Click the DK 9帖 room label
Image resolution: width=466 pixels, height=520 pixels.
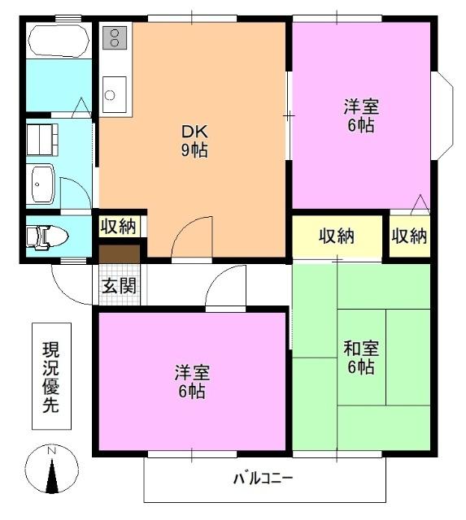pyautogui.click(x=193, y=141)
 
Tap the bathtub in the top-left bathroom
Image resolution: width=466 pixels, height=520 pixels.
pyautogui.click(x=58, y=41)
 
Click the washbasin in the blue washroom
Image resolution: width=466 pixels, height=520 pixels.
pyautogui.click(x=41, y=185)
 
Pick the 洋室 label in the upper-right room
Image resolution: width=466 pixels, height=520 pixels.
pyautogui.click(x=359, y=116)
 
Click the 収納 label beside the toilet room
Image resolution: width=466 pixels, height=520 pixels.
pyautogui.click(x=119, y=226)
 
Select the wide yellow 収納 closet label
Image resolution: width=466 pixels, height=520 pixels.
pyautogui.click(x=336, y=236)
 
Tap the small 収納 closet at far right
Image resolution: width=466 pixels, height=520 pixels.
pyautogui.click(x=410, y=236)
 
